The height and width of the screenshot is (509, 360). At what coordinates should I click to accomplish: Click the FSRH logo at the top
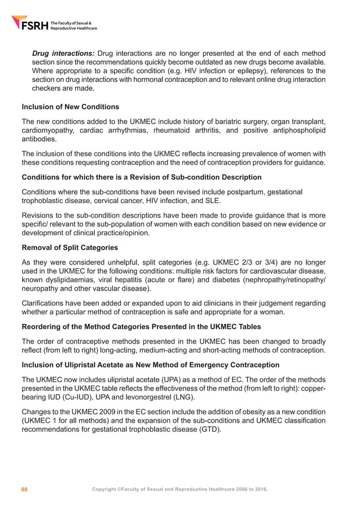(54, 24)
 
